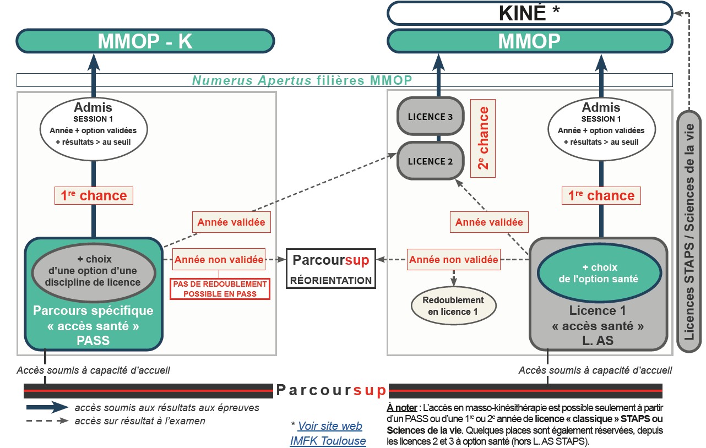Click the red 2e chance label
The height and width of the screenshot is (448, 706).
pos(483,138)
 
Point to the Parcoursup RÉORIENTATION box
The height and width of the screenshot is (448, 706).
pos(331,269)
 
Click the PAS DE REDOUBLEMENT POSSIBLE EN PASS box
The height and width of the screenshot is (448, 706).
pos(220,289)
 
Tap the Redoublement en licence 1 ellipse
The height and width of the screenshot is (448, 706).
pos(453,306)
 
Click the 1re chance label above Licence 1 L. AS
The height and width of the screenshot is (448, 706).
pos(601,195)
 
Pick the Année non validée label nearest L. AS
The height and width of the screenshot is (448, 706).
pos(454,259)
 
